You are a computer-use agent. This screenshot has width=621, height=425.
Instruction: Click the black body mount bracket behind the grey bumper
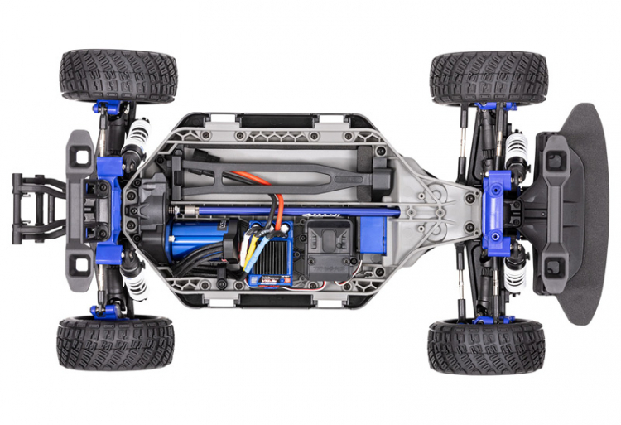click(x=37, y=207)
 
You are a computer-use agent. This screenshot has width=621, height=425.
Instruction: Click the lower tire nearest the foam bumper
click(x=486, y=347)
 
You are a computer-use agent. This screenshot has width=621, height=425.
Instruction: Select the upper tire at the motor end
click(x=118, y=75)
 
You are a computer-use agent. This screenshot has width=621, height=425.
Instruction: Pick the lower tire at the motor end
click(x=116, y=342)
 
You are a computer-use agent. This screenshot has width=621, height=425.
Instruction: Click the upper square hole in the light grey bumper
click(x=80, y=153)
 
